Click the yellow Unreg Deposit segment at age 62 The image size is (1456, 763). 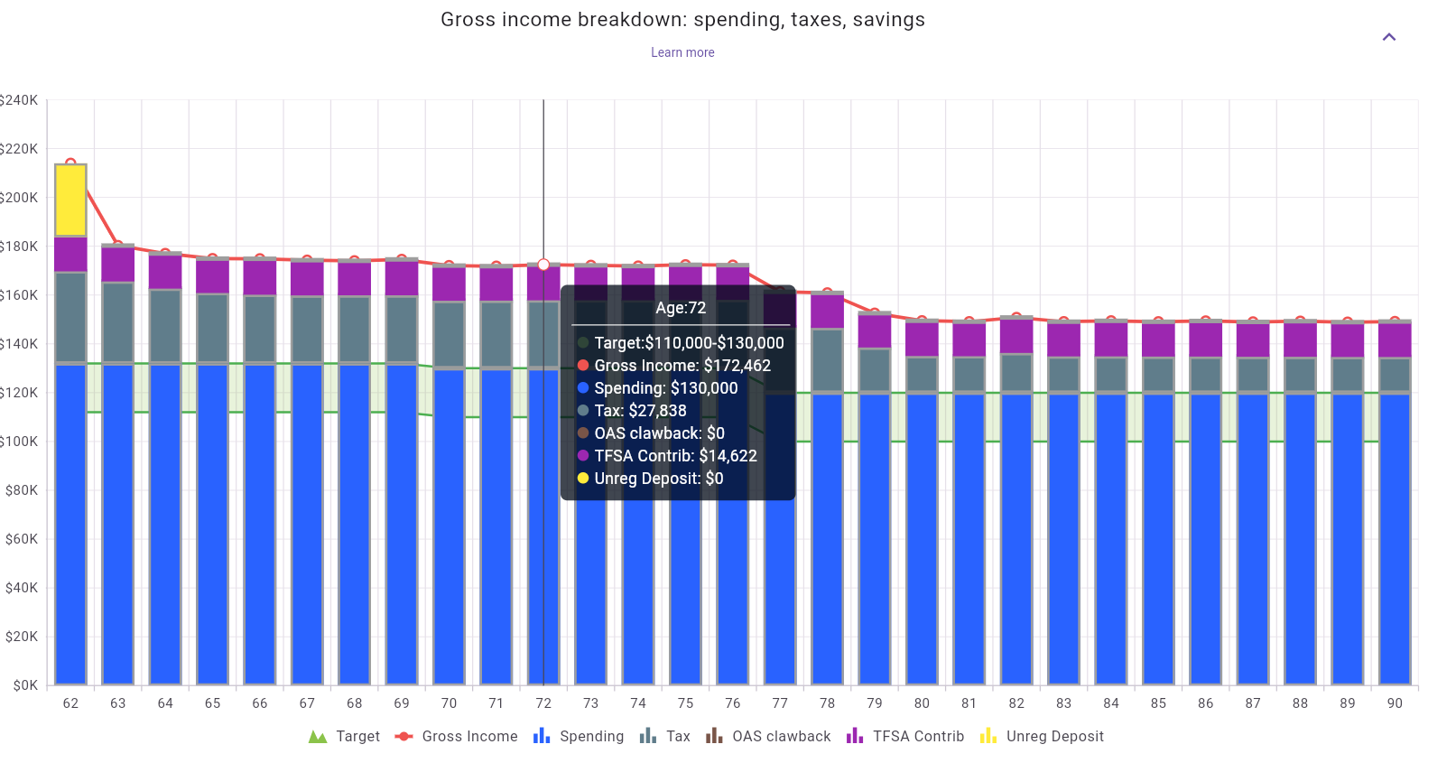click(70, 200)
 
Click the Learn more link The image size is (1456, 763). click(682, 52)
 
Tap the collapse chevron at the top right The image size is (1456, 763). click(1388, 37)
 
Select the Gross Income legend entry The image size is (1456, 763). click(457, 737)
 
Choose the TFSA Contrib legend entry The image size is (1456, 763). click(905, 737)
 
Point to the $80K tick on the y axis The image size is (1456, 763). click(22, 490)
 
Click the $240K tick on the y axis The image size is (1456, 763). click(19, 100)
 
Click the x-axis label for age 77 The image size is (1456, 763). click(780, 703)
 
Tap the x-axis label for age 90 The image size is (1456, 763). click(1395, 703)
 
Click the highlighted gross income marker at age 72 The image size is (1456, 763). click(543, 265)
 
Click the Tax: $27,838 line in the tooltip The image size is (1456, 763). click(640, 411)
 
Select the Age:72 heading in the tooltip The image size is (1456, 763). click(681, 308)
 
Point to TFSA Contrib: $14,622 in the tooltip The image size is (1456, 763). click(675, 456)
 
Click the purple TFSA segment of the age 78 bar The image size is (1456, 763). click(827, 311)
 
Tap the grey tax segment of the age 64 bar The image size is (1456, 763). click(165, 325)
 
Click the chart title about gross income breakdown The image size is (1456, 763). click(682, 20)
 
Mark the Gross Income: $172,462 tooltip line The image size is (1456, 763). click(682, 366)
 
